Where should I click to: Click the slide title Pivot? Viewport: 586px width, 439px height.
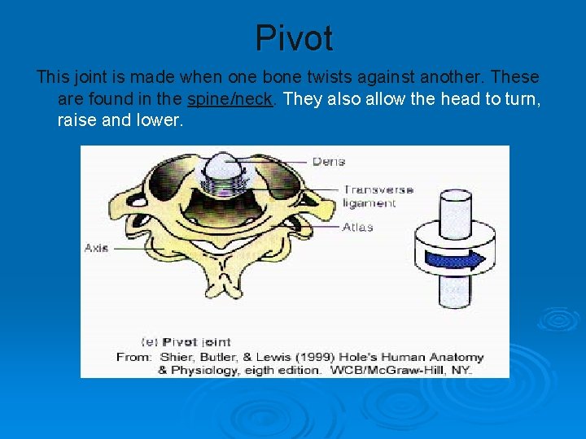(294, 38)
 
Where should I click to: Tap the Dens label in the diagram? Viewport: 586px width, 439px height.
(329, 162)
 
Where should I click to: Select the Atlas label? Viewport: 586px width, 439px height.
(357, 227)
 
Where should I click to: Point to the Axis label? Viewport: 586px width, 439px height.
(96, 248)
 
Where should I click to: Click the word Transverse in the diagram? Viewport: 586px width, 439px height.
(378, 189)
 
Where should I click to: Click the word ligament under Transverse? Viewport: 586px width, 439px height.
(369, 203)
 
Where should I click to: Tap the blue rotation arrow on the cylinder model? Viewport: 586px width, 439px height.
(457, 259)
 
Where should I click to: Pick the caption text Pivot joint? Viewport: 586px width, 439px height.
(196, 342)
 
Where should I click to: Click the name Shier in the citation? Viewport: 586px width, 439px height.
(172, 357)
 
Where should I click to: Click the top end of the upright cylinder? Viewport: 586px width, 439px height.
(450, 198)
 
